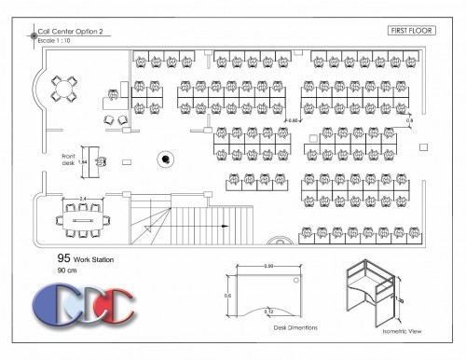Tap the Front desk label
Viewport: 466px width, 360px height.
pos(68,158)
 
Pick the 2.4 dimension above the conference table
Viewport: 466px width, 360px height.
pos(83,199)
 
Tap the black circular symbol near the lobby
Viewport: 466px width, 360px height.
pos(165,159)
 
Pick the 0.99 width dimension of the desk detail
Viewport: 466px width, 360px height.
pos(268,267)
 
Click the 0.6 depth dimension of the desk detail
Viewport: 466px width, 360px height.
pos(226,295)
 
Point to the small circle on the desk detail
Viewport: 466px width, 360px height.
pos(296,279)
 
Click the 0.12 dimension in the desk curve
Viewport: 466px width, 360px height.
pos(268,310)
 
